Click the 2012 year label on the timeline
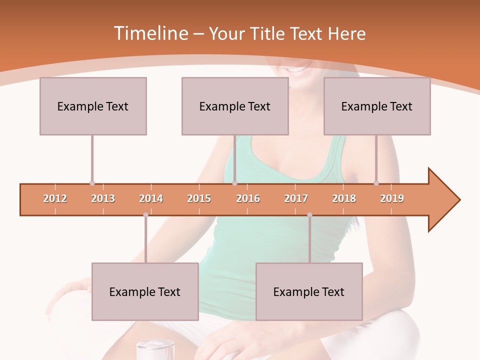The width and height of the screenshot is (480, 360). [55, 199]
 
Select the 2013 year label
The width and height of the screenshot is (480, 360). [103, 199]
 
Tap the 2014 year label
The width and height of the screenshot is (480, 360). [151, 199]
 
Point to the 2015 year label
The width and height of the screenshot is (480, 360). [199, 199]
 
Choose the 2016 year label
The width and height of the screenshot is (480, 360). [248, 199]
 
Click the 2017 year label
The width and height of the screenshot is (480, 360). [296, 199]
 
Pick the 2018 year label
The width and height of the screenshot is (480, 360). [344, 199]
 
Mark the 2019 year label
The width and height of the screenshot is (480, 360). [392, 199]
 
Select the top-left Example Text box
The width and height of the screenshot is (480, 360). [93, 106]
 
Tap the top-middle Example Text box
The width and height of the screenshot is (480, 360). [235, 106]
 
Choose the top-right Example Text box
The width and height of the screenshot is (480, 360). [377, 106]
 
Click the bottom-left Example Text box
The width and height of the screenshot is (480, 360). [145, 291]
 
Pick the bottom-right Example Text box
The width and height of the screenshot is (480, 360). [309, 291]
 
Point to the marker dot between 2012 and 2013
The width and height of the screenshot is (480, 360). [92, 183]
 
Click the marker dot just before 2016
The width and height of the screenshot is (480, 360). [234, 183]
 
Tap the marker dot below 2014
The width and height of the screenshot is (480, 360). [145, 215]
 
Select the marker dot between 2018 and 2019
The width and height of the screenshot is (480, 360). [376, 183]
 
